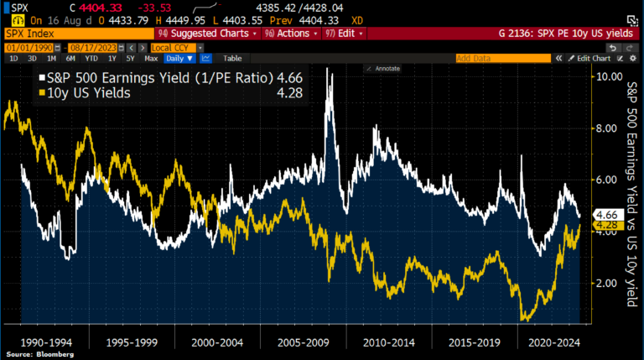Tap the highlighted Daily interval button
click(x=179, y=59)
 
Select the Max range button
click(x=151, y=59)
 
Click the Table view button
click(x=232, y=59)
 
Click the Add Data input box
click(x=501, y=59)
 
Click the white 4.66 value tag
click(x=605, y=214)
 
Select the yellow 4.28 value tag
click(x=605, y=225)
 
